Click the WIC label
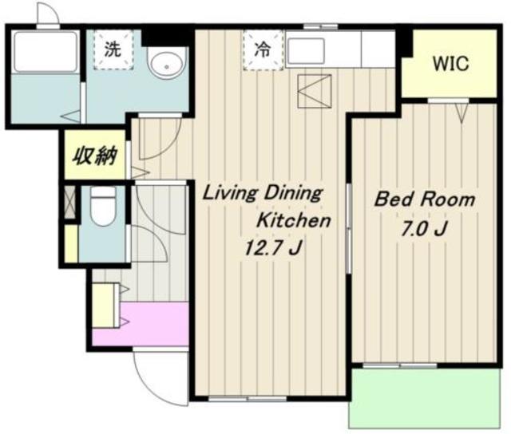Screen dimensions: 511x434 [x=450, y=64]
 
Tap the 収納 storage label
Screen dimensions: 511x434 [x=94, y=156]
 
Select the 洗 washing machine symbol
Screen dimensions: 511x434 [x=113, y=49]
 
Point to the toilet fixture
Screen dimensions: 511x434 [x=103, y=207]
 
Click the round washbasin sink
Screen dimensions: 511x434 [x=167, y=62]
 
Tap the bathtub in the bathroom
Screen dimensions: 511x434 [x=45, y=51]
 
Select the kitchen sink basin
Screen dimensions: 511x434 [x=306, y=51]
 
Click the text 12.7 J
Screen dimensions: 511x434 [x=272, y=248]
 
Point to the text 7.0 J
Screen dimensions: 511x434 [x=423, y=230]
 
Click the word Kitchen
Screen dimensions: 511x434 [x=294, y=220]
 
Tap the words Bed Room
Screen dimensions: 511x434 [x=424, y=199]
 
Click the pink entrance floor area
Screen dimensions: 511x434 [x=141, y=324]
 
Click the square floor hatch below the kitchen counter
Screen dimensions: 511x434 [x=315, y=91]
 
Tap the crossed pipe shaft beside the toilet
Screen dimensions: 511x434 [x=69, y=202]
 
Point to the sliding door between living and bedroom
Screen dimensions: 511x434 [x=349, y=228]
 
